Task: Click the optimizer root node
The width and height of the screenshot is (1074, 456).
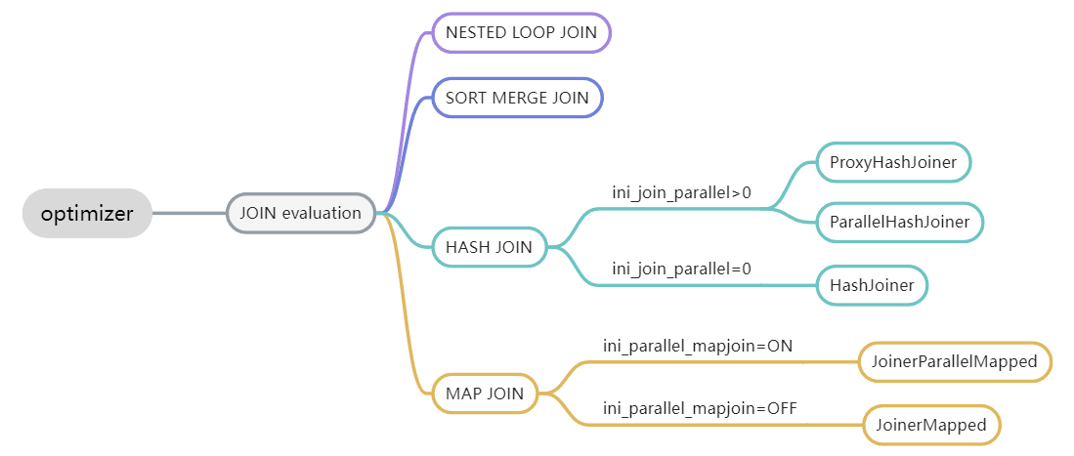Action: [87, 213]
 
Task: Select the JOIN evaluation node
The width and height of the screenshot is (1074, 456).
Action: [300, 213]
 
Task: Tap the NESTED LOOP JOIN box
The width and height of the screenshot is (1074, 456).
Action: [521, 32]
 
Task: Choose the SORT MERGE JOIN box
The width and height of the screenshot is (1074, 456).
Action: [517, 98]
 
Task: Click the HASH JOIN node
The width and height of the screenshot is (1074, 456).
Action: [489, 247]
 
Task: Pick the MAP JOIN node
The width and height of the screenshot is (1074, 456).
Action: [485, 394]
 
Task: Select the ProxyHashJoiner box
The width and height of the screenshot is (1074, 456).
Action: [893, 161]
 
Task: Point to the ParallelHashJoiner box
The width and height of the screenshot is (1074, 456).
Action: [899, 223]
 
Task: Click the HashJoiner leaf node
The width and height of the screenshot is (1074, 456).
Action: [872, 285]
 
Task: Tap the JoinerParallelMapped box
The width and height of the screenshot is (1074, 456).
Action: [954, 362]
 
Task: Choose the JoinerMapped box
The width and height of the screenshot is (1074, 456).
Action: [931, 425]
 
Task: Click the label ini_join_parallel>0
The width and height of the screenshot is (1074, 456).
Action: [681, 192]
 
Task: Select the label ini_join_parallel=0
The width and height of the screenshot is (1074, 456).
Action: [681, 269]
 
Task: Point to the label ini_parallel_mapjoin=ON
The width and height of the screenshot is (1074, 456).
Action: [698, 346]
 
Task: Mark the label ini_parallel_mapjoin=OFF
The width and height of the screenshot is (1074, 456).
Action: [700, 408]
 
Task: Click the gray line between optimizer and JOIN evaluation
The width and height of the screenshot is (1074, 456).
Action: [190, 213]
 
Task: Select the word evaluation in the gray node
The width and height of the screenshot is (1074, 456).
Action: [322, 213]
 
